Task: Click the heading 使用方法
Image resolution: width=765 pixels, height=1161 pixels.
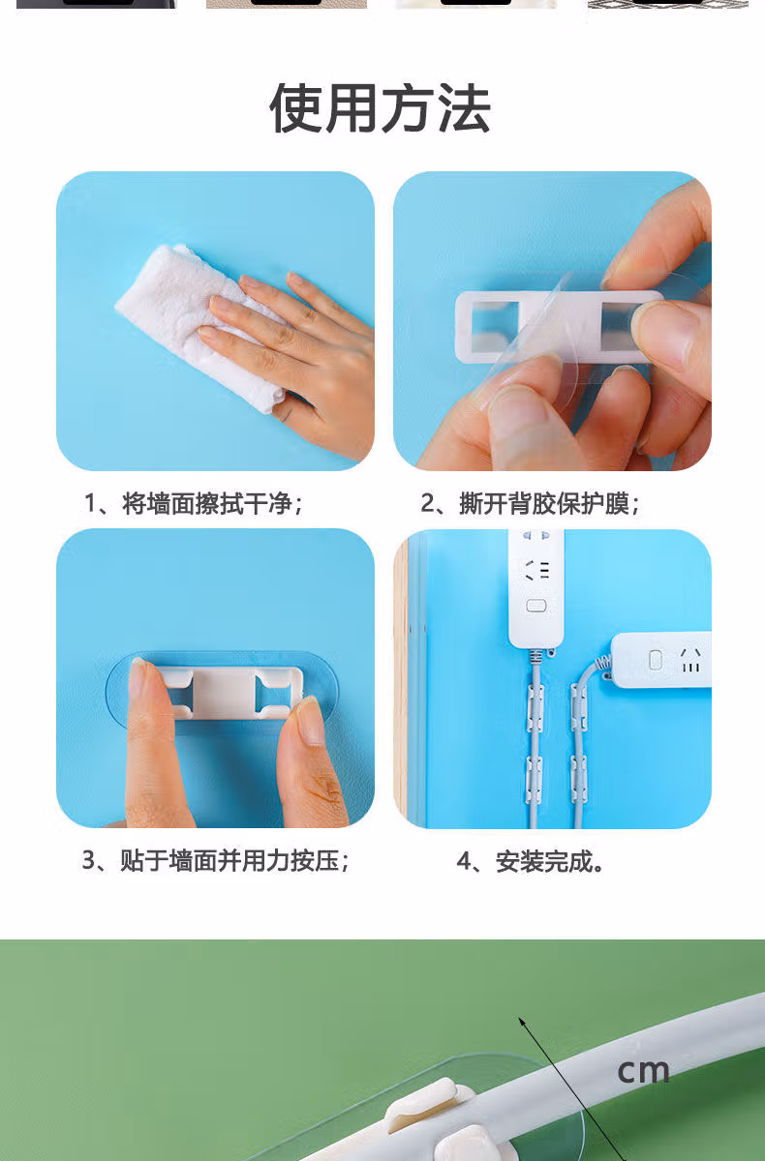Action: (381, 107)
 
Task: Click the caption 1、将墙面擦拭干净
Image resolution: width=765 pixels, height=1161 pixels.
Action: (194, 503)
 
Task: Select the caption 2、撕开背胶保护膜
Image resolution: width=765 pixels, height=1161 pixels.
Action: (530, 503)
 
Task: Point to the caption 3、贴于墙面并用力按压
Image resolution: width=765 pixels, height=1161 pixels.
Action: (216, 861)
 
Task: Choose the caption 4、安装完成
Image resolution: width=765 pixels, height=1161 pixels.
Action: (530, 862)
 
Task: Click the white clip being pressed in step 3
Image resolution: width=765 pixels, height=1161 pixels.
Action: (229, 693)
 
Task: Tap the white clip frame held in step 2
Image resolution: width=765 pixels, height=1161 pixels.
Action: (550, 327)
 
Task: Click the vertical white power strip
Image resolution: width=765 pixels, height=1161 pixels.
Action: (535, 588)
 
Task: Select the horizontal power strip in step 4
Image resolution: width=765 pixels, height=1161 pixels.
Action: (660, 660)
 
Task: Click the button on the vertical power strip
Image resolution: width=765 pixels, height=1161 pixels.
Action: (535, 606)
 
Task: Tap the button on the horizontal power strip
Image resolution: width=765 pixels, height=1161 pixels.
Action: (656, 660)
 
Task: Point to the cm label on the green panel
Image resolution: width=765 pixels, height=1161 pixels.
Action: (643, 1072)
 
